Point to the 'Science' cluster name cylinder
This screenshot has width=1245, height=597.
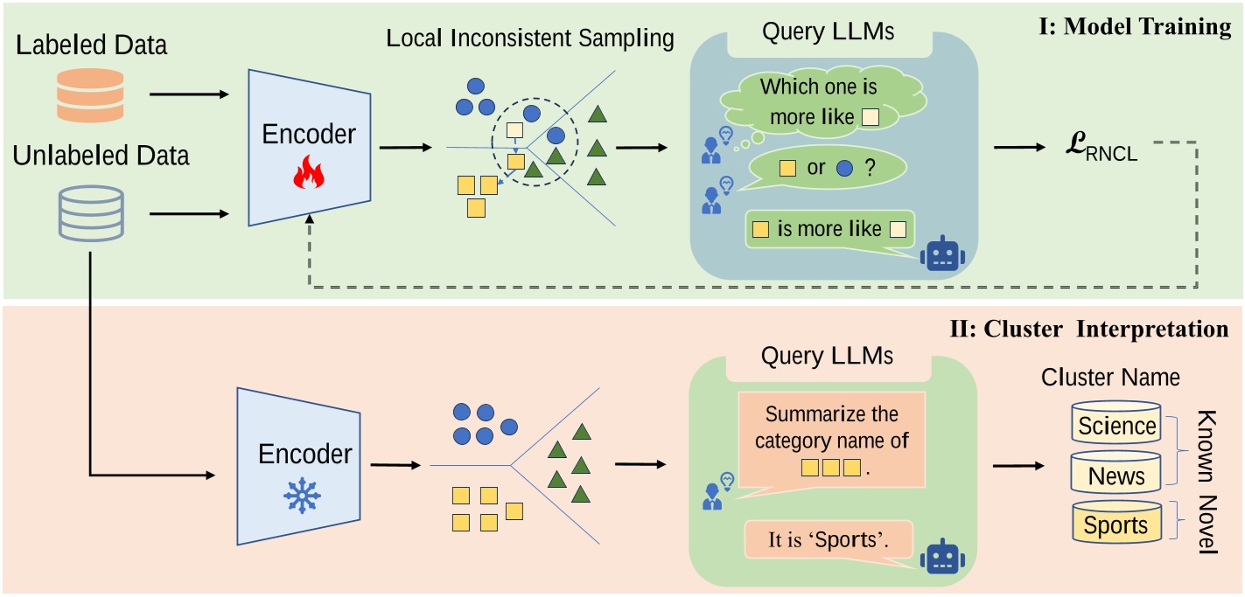[1116, 426]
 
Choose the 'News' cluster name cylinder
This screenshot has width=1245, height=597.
[1116, 476]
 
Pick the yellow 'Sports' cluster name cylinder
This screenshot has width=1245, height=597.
[1116, 525]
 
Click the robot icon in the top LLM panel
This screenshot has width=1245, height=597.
[942, 253]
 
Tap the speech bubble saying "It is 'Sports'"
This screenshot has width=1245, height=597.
[826, 540]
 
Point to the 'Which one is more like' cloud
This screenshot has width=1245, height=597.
[817, 101]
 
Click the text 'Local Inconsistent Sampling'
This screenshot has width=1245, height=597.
[530, 39]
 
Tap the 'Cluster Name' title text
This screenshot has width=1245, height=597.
[1109, 378]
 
